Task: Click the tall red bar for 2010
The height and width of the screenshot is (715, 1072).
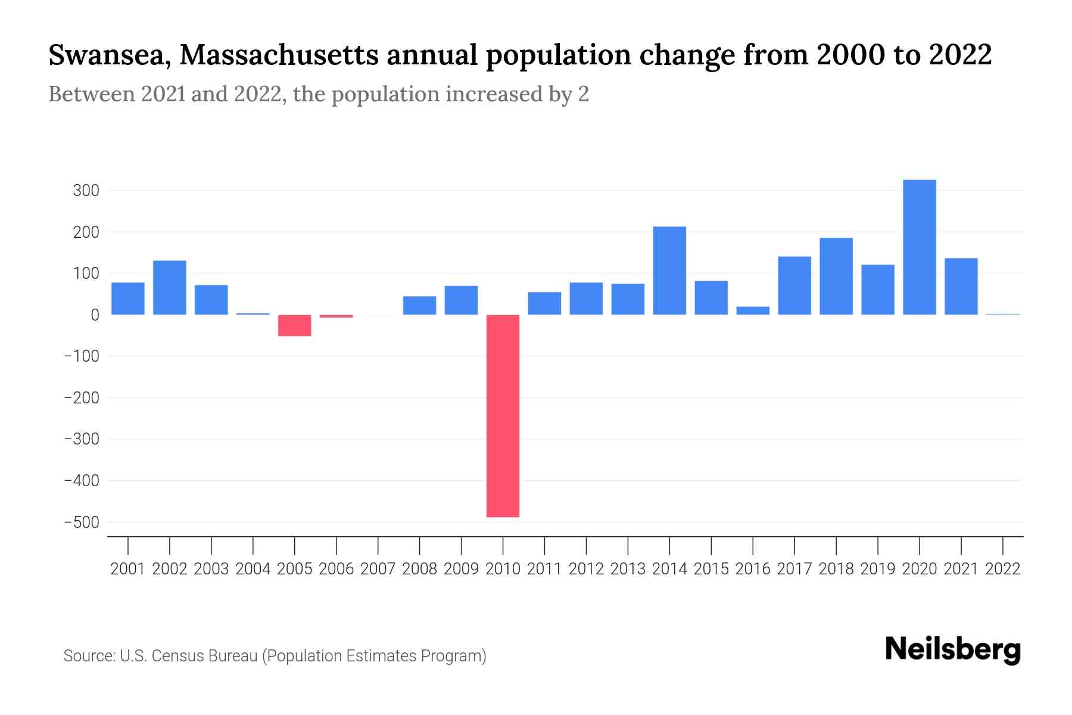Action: (x=503, y=415)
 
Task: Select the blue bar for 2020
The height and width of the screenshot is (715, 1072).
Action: (x=919, y=247)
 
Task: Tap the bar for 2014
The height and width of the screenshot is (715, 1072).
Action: (x=669, y=271)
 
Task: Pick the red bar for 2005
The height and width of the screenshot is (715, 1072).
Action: (x=295, y=325)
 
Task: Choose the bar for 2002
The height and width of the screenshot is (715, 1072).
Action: (x=170, y=288)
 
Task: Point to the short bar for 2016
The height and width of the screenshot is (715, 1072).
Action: (x=753, y=310)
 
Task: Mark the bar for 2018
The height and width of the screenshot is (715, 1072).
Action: (x=836, y=276)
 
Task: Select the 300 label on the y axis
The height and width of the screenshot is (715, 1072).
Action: (x=86, y=191)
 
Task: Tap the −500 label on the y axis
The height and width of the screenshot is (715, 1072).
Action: (x=82, y=523)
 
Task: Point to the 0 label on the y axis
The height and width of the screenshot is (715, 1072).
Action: (x=95, y=315)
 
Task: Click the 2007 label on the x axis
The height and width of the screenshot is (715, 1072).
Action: (x=378, y=569)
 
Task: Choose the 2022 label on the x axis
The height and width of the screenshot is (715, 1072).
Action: (x=1003, y=569)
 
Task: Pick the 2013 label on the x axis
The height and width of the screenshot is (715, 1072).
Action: (x=628, y=569)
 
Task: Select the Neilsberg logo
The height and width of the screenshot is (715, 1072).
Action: (x=953, y=650)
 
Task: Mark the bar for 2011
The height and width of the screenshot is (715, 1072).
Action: (x=544, y=303)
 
